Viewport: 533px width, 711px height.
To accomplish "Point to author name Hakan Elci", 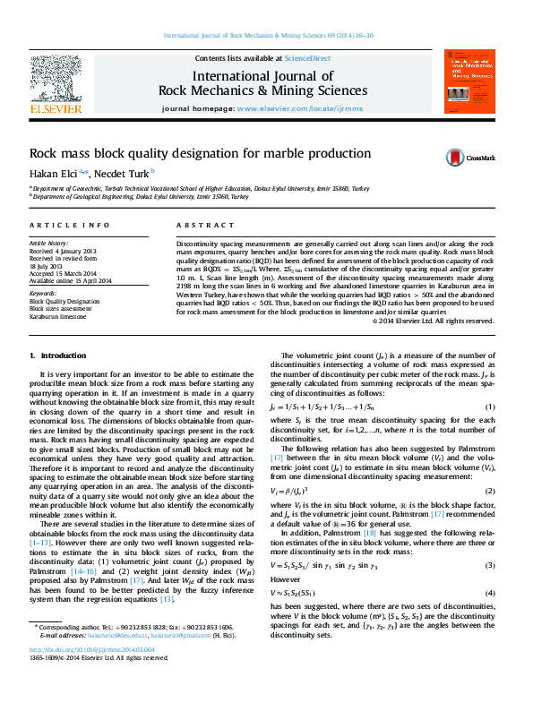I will point(56,173).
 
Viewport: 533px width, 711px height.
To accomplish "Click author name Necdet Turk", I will point(123,173).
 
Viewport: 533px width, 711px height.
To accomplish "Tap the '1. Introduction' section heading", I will point(59,355).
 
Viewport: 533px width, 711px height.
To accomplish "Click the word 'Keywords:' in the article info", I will point(43,293).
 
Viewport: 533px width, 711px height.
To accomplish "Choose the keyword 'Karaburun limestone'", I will point(58,316).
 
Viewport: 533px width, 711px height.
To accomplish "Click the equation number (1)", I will point(490,408).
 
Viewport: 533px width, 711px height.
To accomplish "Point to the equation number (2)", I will point(490,492).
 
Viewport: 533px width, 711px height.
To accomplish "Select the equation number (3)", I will point(490,566).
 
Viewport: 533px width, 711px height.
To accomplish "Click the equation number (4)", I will point(490,594).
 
